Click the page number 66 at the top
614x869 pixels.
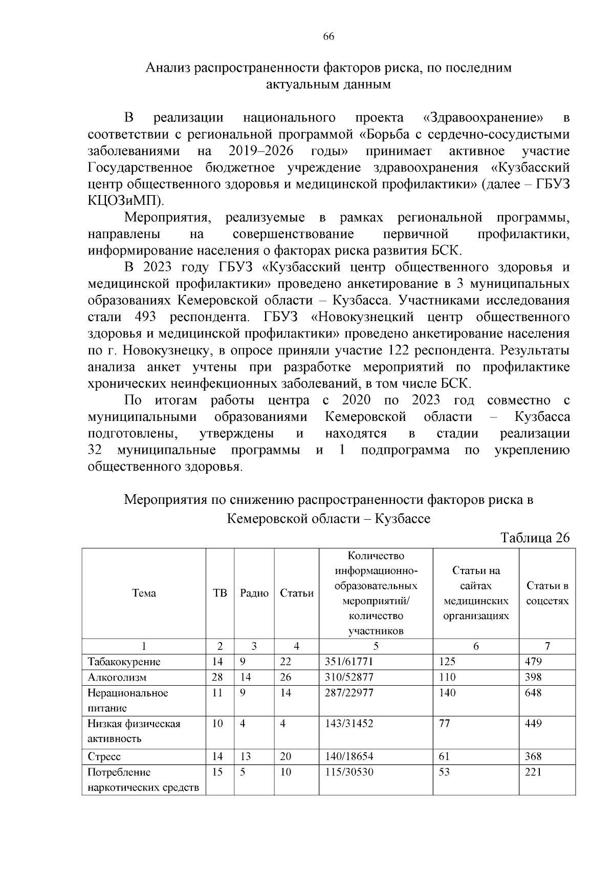click(328, 36)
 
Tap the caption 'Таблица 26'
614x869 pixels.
click(535, 538)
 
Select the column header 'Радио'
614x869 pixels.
click(254, 593)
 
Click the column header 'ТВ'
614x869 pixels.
click(220, 593)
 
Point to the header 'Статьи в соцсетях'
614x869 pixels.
click(547, 593)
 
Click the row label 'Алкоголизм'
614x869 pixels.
click(117, 677)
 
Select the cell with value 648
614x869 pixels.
click(533, 693)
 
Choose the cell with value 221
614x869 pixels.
click(533, 772)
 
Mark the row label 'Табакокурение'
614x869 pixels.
click(124, 661)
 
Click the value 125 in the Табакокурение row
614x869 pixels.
click(447, 661)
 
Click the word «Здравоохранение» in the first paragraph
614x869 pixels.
click(484, 118)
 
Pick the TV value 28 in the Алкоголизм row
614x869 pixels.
click(217, 677)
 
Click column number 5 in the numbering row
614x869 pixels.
click(376, 646)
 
